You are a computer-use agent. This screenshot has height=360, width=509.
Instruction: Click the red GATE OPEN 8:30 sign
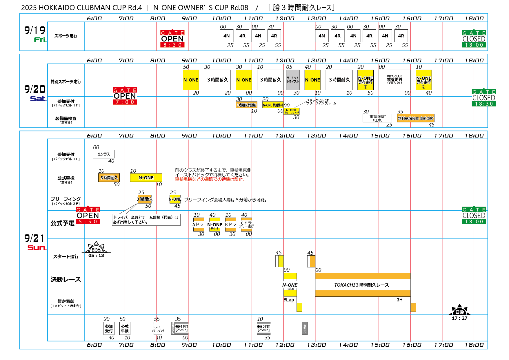(172, 39)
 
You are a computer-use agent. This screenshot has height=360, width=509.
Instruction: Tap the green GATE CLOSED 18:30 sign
(484, 98)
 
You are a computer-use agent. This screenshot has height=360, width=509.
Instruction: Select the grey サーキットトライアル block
(292, 80)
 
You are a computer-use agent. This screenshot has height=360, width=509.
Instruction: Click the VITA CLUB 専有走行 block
(395, 80)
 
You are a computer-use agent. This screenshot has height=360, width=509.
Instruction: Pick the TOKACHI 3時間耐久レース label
(361, 285)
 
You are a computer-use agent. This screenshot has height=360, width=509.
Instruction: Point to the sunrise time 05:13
(96, 256)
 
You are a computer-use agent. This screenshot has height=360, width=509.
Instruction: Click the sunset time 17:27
(459, 318)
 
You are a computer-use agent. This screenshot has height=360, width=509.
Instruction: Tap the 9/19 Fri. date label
(35, 34)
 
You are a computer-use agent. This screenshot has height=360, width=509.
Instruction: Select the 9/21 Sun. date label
(35, 242)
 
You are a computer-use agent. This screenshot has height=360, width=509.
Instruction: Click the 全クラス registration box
(103, 154)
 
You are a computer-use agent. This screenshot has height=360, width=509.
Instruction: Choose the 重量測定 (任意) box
(377, 118)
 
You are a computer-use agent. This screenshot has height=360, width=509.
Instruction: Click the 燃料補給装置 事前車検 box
(416, 118)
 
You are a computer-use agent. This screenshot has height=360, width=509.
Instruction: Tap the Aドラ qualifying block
(199, 225)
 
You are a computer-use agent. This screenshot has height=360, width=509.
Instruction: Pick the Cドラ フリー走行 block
(246, 225)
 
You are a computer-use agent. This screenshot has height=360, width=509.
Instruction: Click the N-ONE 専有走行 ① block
(365, 80)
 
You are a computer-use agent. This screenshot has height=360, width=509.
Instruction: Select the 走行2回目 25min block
(263, 328)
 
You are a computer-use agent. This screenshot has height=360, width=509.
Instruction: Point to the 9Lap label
(289, 300)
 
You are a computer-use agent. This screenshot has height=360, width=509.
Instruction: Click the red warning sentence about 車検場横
(211, 179)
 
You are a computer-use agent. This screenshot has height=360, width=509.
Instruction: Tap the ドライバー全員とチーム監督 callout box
(146, 220)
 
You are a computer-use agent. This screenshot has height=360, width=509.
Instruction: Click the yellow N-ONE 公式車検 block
(146, 178)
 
